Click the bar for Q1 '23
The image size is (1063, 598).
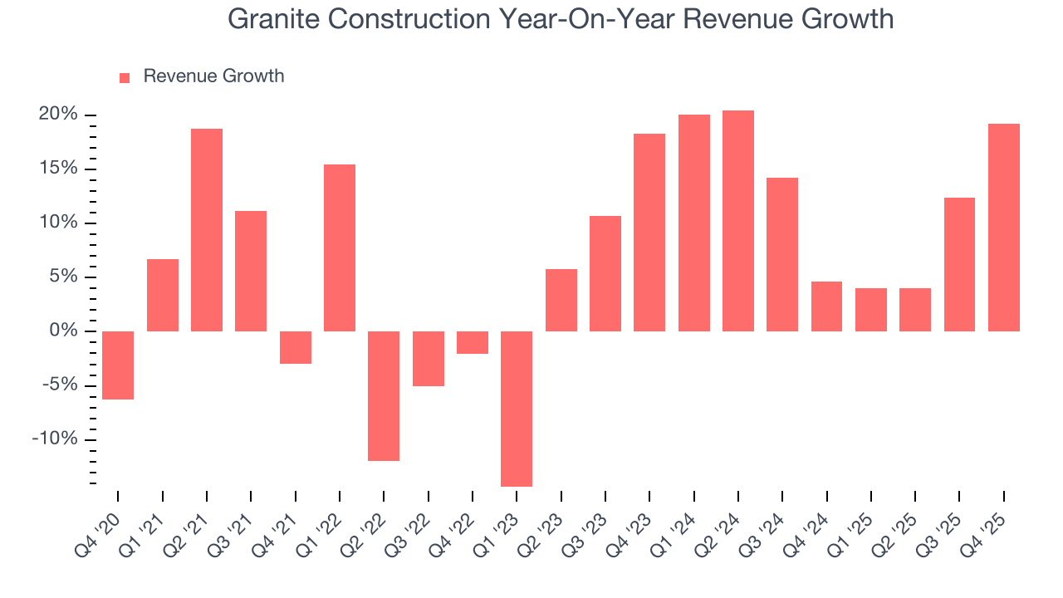click(x=517, y=409)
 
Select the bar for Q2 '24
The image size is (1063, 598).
click(x=738, y=221)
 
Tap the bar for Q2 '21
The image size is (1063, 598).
click(x=207, y=230)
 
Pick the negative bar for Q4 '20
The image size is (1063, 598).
click(x=118, y=365)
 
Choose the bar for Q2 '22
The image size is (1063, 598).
click(x=384, y=396)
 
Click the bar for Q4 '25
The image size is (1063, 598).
click(x=1003, y=228)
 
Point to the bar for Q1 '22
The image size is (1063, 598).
click(x=340, y=248)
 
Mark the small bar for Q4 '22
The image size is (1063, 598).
click(x=473, y=343)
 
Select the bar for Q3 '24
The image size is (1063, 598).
click(x=782, y=254)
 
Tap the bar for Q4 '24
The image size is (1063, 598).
click(x=826, y=306)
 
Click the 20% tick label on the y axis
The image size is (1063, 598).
click(x=58, y=115)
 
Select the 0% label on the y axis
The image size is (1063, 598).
click(x=64, y=331)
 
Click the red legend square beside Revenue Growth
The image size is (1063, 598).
click(x=125, y=77)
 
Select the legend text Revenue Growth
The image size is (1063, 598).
click(x=213, y=76)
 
